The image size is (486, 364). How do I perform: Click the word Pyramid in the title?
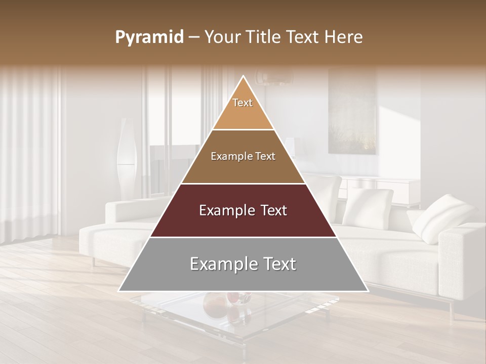point(149,37)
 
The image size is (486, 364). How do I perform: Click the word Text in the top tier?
point(242,103)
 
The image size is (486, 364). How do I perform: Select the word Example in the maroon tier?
point(225,210)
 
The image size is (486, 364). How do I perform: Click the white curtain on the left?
point(30,152)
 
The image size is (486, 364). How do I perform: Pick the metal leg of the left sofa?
point(93,262)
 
